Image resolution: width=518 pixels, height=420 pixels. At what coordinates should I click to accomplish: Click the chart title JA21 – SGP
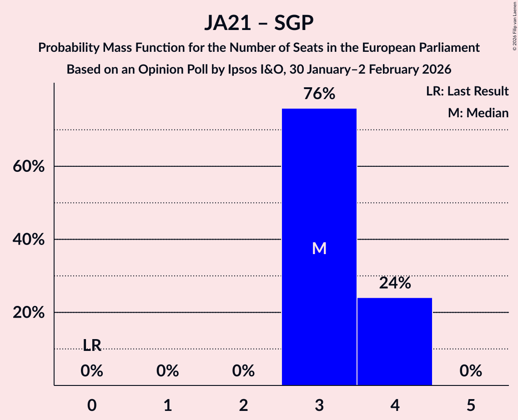[259, 23]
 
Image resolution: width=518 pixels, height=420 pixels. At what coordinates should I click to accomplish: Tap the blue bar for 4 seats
[395, 341]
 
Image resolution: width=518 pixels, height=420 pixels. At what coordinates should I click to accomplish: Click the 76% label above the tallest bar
[319, 94]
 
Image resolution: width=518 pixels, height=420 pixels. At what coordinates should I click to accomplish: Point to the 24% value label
[395, 283]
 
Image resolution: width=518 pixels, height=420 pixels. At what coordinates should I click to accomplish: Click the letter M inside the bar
[319, 248]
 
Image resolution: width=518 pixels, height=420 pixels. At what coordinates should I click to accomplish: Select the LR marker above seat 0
[92, 345]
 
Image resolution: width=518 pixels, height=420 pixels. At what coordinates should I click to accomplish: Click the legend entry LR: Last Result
[467, 91]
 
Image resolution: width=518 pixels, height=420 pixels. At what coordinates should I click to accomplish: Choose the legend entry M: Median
[478, 113]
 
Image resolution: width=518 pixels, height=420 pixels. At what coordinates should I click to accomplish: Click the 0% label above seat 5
[471, 371]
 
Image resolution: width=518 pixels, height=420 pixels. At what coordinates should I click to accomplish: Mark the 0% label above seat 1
[168, 371]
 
